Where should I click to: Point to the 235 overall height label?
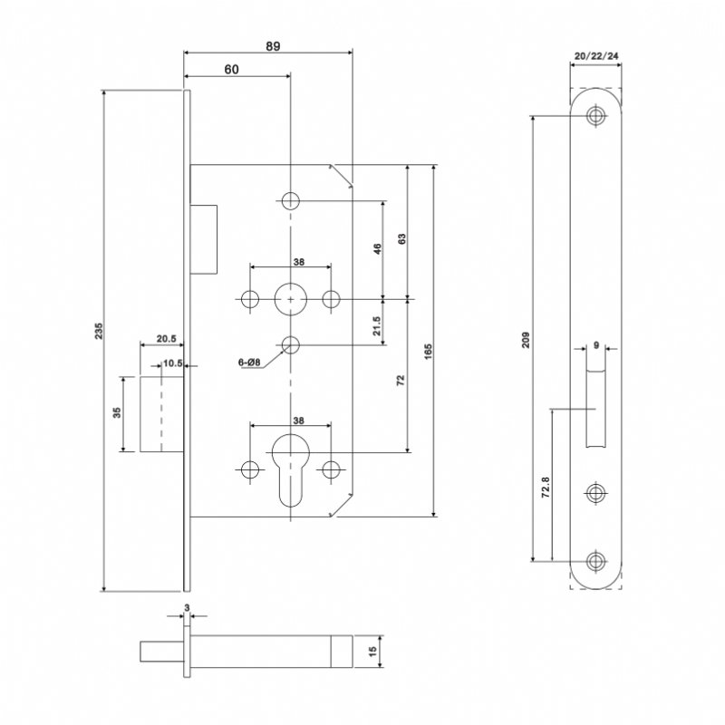(98, 333)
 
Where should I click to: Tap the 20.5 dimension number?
(165, 339)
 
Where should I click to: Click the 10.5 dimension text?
(171, 363)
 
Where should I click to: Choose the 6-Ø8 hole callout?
(249, 362)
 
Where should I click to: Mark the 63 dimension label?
(401, 240)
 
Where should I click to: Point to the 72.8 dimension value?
(545, 487)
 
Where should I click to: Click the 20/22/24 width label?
(596, 56)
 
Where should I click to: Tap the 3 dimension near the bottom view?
(186, 608)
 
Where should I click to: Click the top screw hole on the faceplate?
(595, 116)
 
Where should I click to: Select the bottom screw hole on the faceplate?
(595, 560)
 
